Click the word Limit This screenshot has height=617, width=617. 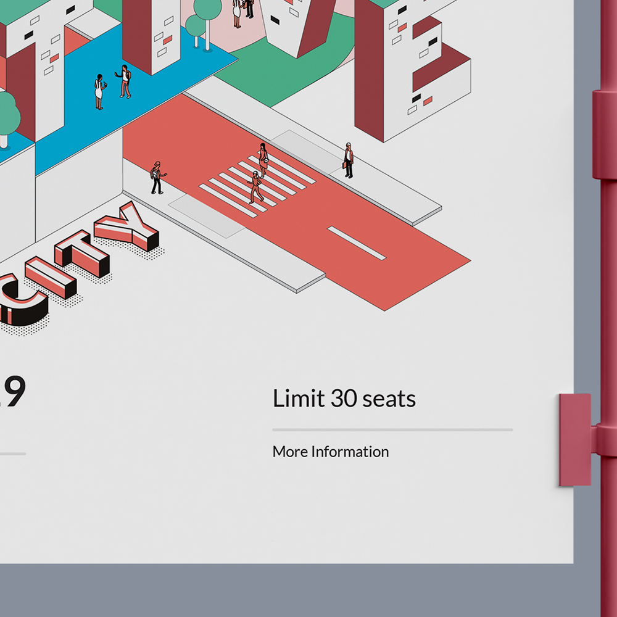pos(298,399)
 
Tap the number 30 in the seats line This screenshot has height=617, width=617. pos(344,399)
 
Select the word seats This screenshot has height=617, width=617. pos(389,400)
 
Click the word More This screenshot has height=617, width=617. pos(290,452)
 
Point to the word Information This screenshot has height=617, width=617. pos(350,452)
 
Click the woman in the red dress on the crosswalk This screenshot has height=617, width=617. pos(263,160)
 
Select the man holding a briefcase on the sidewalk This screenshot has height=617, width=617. pos(349,160)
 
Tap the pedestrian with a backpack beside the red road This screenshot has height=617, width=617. pos(157,178)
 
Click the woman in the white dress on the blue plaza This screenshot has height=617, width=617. pos(99,92)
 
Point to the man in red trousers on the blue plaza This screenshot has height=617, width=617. pos(125,81)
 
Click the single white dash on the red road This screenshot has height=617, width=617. pos(357,242)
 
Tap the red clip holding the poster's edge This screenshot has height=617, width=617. pos(575,439)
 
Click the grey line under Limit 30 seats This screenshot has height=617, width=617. pos(392,429)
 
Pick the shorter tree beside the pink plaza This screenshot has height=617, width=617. pos(195,28)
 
